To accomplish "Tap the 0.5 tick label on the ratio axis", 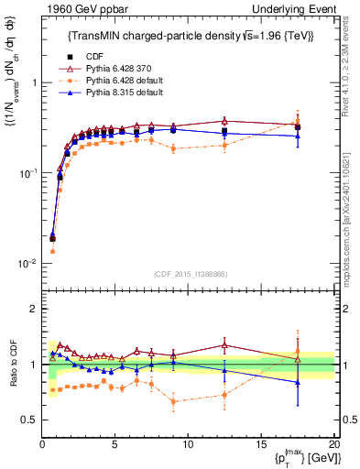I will click(x=29, y=420).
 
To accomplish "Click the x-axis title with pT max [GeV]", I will click(x=303, y=459).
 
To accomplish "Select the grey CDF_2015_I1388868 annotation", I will click(x=189, y=273).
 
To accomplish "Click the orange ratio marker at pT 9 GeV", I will click(x=173, y=401).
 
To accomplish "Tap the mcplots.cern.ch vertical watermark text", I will click(x=352, y=211).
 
